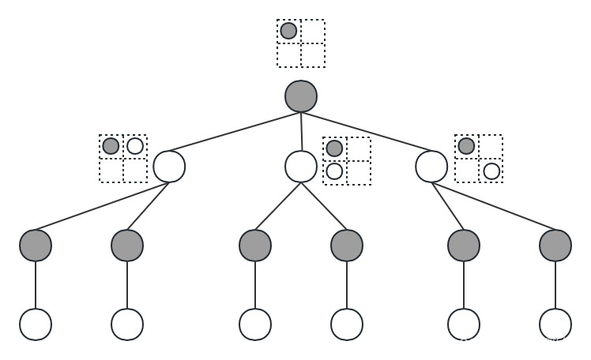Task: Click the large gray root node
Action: pos(301,96)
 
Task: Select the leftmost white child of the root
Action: pos(169,167)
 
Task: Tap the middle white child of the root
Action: pos(301,167)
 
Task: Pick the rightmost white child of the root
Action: pos(431,167)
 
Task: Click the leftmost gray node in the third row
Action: pos(36,246)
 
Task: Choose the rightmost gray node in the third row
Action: pos(555,246)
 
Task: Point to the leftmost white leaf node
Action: pos(36,324)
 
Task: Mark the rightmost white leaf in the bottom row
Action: pos(555,324)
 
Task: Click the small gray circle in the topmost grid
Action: pos(288,31)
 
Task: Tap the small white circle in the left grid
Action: pos(135,146)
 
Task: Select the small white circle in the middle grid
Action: pos(334,171)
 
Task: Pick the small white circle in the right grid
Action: pos(491,171)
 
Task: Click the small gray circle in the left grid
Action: pos(111,146)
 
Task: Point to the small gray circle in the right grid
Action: pos(466,146)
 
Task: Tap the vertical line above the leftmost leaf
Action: pos(36,285)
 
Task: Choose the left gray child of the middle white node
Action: pos(255,246)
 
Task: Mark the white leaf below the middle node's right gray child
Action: pos(347,324)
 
